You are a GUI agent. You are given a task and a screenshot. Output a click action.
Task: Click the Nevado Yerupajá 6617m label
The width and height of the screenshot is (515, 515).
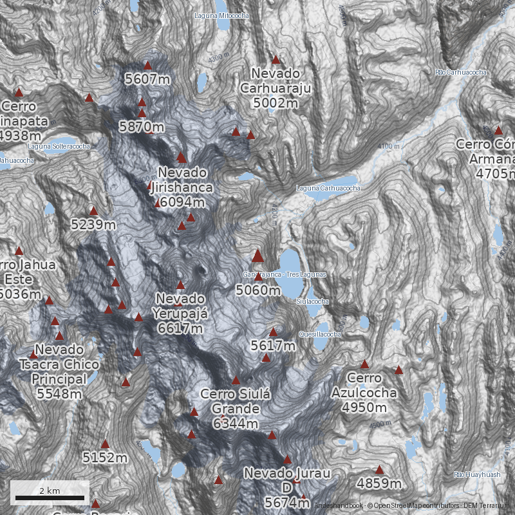[x=180, y=314]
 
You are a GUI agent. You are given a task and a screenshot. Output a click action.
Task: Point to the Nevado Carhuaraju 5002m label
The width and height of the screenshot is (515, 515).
[x=276, y=88]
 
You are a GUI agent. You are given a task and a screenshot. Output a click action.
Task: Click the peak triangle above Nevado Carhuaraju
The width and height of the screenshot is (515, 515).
[x=276, y=59]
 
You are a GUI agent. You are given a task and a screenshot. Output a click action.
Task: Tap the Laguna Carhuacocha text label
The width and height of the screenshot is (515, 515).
[x=328, y=188]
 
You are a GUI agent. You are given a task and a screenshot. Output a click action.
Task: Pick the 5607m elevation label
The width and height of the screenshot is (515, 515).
[x=147, y=79]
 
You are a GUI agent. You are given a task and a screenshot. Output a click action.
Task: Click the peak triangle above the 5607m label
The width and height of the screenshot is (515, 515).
[x=147, y=65]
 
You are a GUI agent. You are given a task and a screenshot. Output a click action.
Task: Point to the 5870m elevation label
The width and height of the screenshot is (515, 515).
[x=142, y=127]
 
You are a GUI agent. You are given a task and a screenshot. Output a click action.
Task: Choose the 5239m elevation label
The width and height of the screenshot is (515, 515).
[x=93, y=225]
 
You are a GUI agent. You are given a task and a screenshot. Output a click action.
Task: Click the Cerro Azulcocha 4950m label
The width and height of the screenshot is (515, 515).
[x=364, y=392]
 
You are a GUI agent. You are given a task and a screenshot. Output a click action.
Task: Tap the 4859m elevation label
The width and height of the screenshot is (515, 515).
[x=379, y=483]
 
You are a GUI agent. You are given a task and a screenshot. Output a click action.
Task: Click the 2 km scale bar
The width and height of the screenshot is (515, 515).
[x=50, y=497]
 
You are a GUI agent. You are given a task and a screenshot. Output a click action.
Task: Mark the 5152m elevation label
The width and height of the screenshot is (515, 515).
[x=105, y=458]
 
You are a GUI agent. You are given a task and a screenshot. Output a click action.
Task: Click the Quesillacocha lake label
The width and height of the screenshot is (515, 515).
[x=320, y=334]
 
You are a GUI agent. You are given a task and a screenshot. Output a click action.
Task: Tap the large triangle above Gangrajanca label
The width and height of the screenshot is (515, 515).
[x=258, y=256]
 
